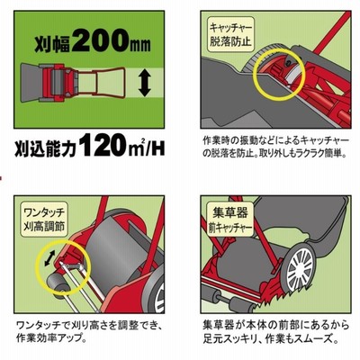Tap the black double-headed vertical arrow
point(145,82)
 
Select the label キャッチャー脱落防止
point(230,35)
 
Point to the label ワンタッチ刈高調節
point(44,220)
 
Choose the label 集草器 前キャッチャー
point(230,220)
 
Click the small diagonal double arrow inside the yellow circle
point(49,258)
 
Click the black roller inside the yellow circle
point(57,282)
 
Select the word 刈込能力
point(47,148)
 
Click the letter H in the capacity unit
point(158,148)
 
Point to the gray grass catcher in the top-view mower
point(31,82)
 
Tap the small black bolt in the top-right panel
point(288,62)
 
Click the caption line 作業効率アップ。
point(51,338)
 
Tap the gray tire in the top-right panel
point(255,60)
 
